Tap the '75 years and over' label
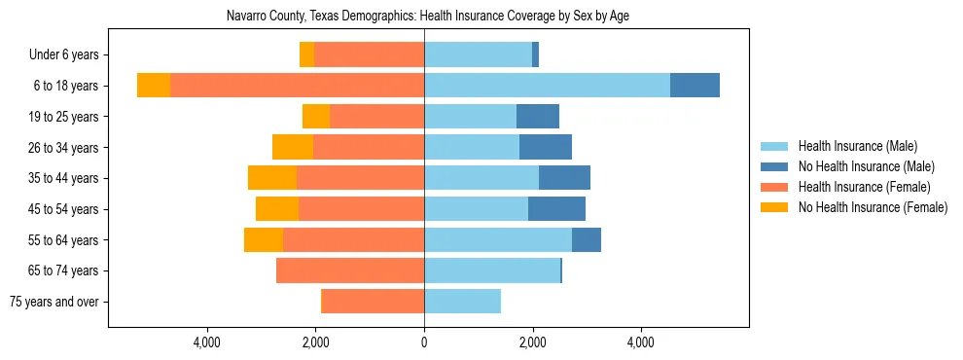pos(53,302)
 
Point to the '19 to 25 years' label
pos(60,117)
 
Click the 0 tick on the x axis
pos(424,342)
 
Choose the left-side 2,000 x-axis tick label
pos(315,342)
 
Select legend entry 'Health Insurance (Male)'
pos(857,146)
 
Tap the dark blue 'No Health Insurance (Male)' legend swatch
pos(775,166)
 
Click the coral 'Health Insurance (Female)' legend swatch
pos(775,187)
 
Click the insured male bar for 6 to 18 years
pos(547,86)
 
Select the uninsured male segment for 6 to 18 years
pos(695,86)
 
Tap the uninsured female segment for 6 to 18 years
pos(154,86)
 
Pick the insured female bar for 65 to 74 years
pos(350,270)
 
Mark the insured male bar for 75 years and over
pos(462,302)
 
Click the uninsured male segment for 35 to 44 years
pos(564,178)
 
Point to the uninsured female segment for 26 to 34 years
pos(293,147)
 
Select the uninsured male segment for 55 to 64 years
pos(587,239)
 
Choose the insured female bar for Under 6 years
pos(370,55)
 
